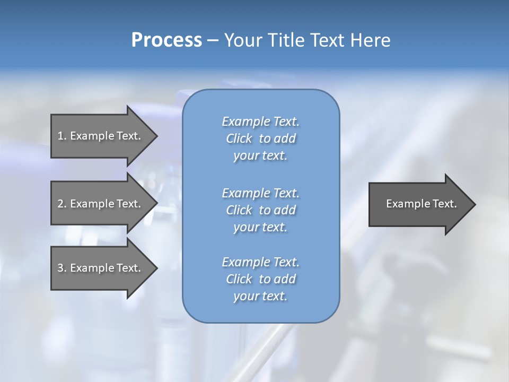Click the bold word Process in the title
[x=166, y=40]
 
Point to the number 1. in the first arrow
[x=62, y=136]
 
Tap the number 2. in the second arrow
[x=62, y=204]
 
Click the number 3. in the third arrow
[x=62, y=268]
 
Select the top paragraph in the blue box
[x=260, y=138]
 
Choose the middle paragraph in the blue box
[x=260, y=210]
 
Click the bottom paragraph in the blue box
[x=260, y=279]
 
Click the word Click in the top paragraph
[x=239, y=138]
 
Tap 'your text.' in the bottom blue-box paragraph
[x=260, y=296]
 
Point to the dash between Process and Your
[x=213, y=41]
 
